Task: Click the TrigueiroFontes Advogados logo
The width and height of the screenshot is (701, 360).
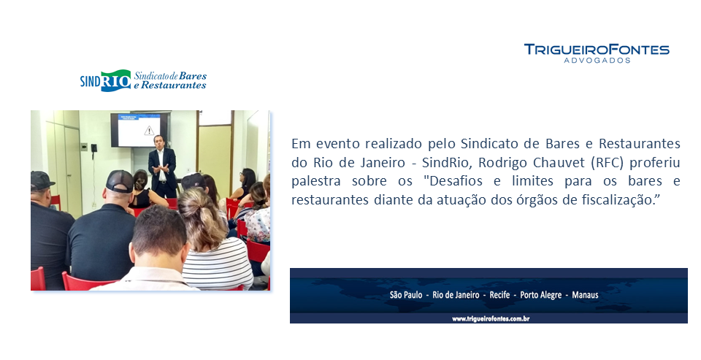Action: point(597,53)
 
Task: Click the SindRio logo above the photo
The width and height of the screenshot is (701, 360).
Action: point(143,80)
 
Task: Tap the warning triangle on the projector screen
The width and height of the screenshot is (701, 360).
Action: point(149,131)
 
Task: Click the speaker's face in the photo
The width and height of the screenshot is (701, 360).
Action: point(158,142)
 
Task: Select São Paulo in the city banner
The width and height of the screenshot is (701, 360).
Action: point(405,295)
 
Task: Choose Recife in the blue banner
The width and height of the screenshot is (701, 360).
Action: point(499,295)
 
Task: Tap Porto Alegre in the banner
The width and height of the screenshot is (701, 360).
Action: point(540,295)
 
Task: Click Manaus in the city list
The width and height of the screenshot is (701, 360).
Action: point(585,295)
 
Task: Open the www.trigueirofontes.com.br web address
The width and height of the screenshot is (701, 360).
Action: point(491,319)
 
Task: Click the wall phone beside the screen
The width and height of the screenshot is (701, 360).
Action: point(94,149)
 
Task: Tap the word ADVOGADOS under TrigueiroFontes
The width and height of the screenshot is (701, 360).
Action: point(597,61)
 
